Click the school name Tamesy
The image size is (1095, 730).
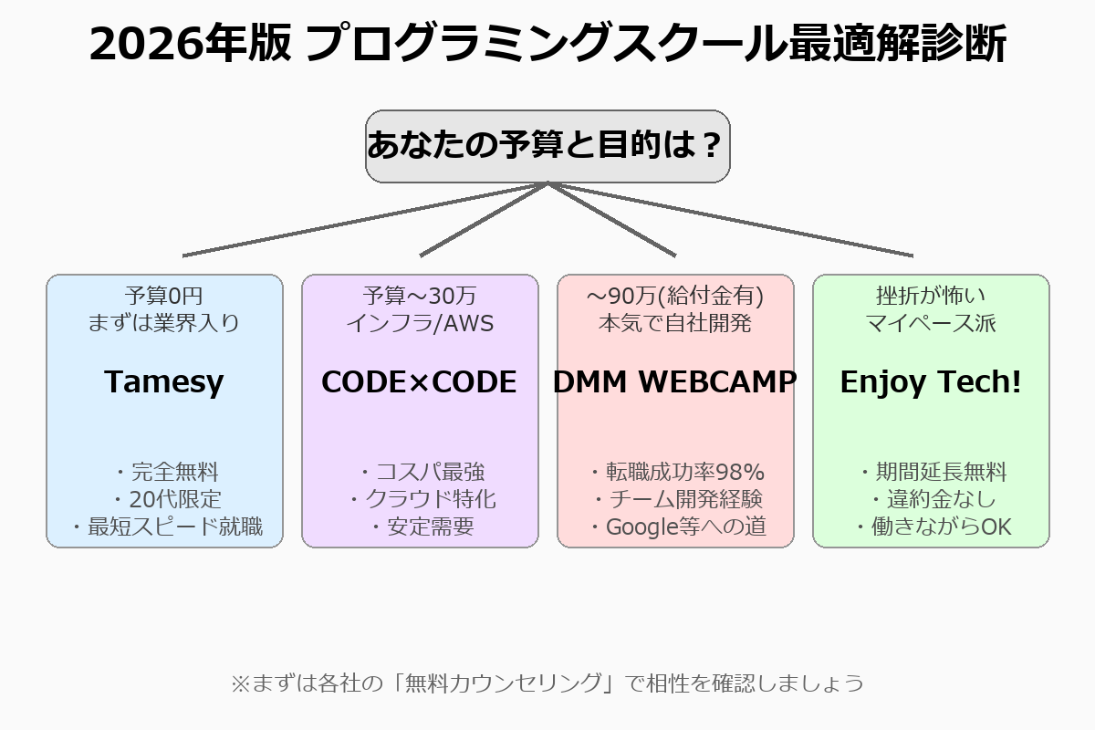(x=164, y=382)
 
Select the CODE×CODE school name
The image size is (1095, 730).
(x=419, y=382)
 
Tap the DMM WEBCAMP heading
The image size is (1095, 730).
(x=675, y=382)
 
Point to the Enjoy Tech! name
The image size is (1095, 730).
(x=931, y=382)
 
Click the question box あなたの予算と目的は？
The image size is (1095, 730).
(x=547, y=146)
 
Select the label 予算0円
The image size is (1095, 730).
(x=164, y=296)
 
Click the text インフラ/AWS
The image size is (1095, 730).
(x=420, y=323)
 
